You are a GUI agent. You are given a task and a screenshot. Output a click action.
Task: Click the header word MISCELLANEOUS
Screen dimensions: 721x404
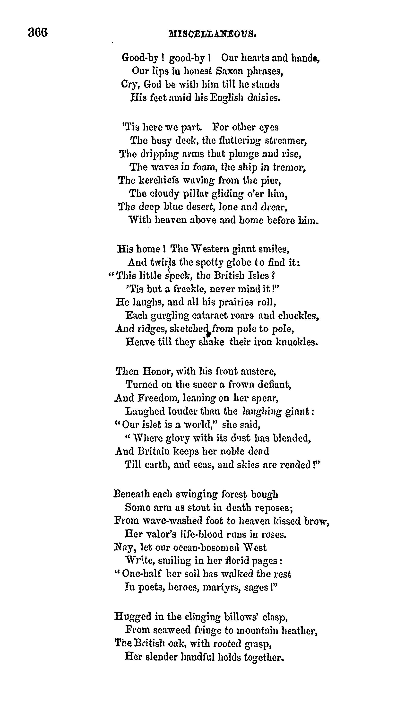point(213,35)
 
